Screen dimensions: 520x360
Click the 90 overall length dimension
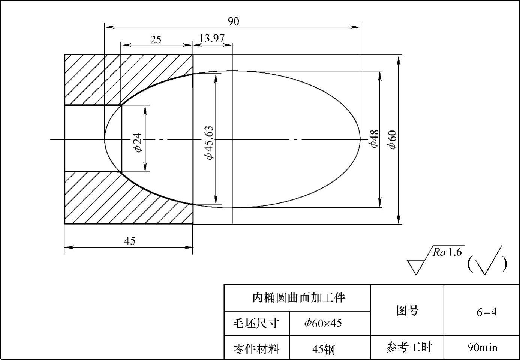[233, 21]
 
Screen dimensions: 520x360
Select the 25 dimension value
[156, 39]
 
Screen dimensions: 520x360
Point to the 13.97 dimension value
[212, 38]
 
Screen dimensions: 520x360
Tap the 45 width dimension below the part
[129, 241]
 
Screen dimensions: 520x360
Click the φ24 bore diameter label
[138, 142]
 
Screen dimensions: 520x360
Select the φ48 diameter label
[375, 139]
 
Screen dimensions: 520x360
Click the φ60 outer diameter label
[392, 140]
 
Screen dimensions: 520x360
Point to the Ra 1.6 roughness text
[448, 252]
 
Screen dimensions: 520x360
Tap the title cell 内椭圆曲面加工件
[298, 298]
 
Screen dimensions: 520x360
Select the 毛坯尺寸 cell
[256, 323]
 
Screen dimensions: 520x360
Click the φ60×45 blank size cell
[323, 323]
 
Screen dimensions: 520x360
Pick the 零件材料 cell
[256, 348]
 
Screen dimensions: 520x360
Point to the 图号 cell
[408, 310]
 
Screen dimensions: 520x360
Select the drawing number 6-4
[486, 312]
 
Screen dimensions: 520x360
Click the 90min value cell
[482, 347]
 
